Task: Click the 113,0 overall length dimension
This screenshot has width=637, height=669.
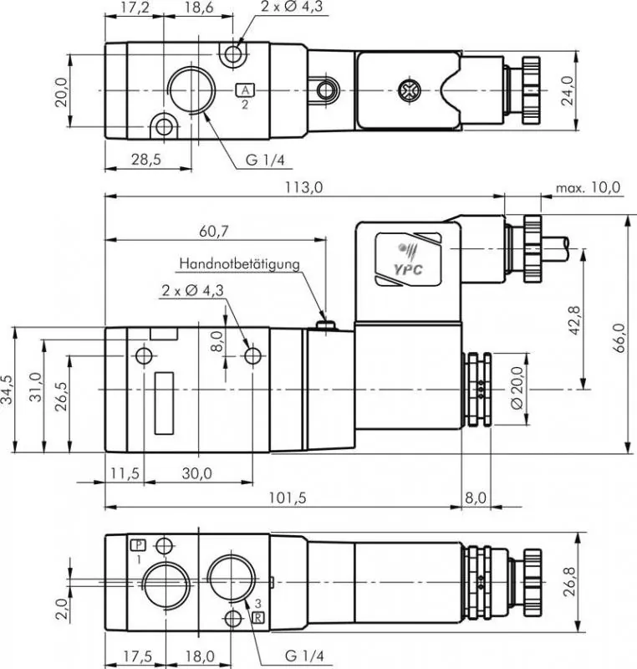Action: point(304,187)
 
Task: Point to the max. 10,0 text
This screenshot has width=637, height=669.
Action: point(589,187)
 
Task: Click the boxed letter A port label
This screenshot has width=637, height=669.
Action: point(245,90)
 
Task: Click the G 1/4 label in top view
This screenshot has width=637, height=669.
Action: point(262,160)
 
